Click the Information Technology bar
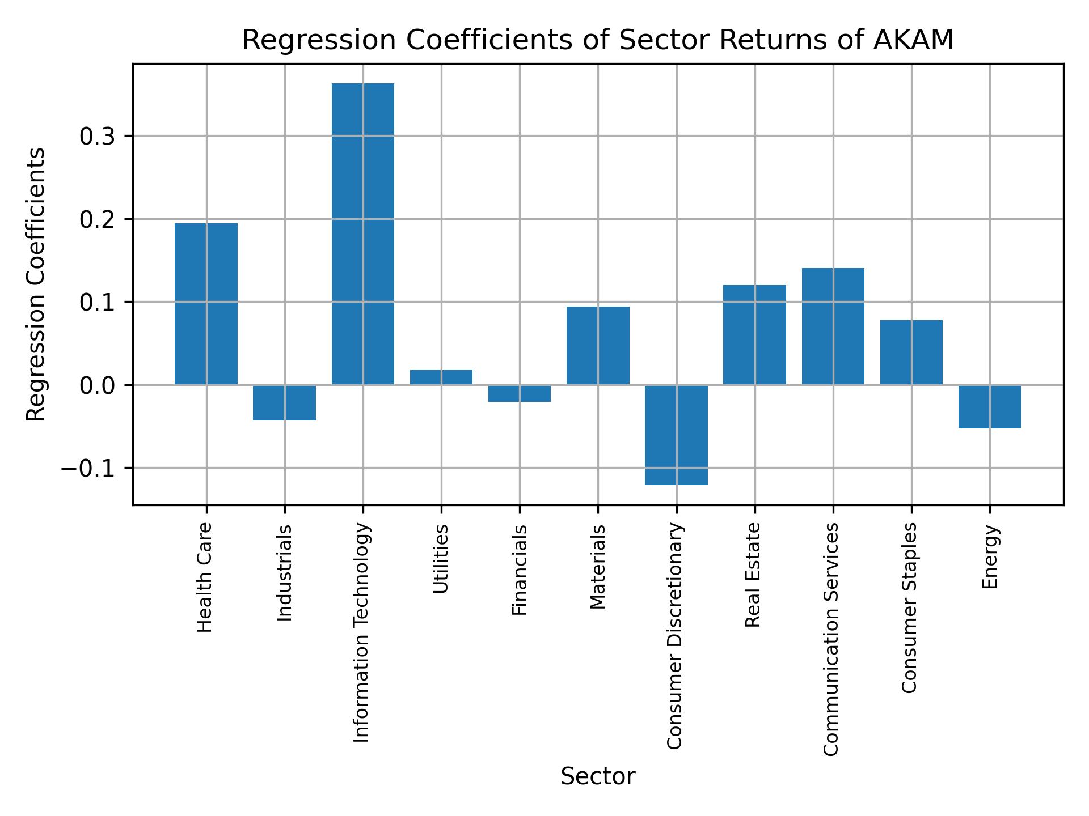[x=363, y=233]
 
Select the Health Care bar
[x=206, y=304]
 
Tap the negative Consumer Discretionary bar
[x=676, y=435]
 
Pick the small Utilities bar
[x=441, y=377]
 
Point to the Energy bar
[x=990, y=406]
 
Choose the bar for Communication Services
[x=833, y=326]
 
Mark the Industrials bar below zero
[x=284, y=402]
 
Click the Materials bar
[x=598, y=346]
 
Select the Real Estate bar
[x=754, y=334]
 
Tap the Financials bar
[x=520, y=393]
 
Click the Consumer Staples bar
[x=911, y=352]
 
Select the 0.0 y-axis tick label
[x=98, y=386]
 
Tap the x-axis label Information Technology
[x=362, y=632]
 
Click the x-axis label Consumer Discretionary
[x=675, y=636]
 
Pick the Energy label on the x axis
[x=990, y=556]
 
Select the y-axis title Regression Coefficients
[x=36, y=284]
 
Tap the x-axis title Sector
[x=598, y=776]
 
